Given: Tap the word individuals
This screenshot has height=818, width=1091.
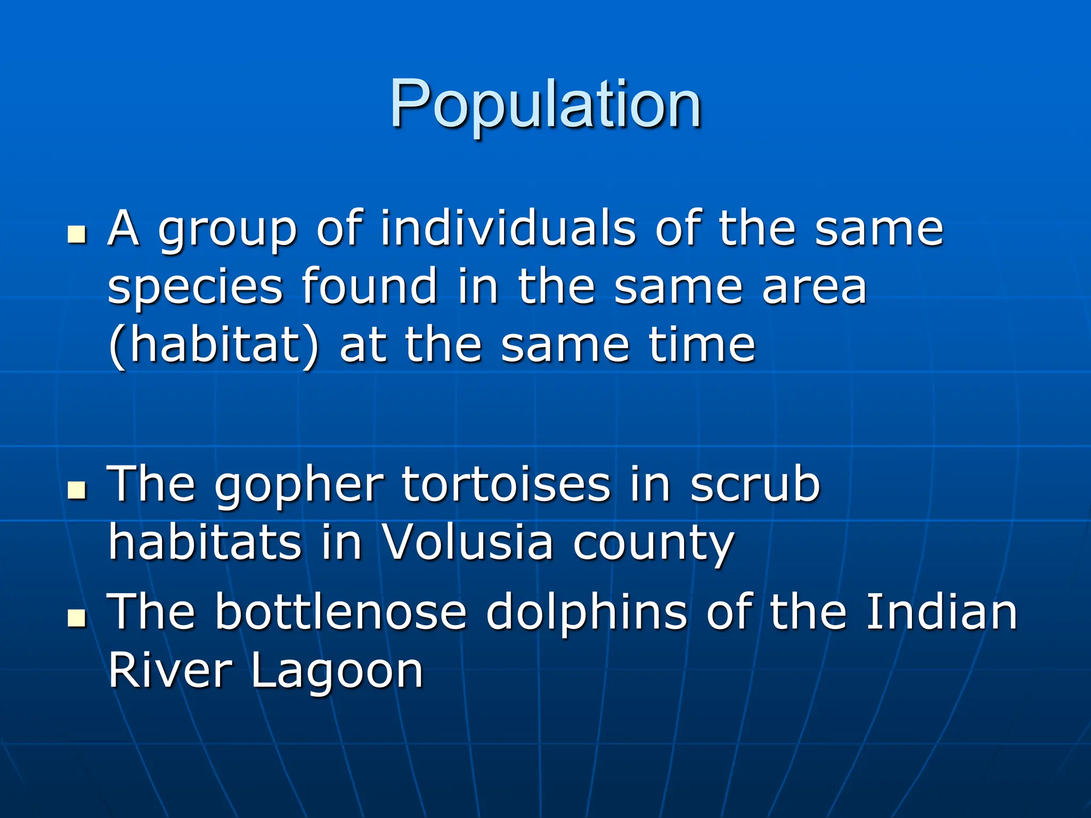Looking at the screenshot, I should (508, 229).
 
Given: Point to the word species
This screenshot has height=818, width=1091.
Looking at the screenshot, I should (195, 288).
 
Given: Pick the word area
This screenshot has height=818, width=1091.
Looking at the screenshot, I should (814, 288).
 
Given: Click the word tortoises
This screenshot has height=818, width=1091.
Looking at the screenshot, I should (506, 485).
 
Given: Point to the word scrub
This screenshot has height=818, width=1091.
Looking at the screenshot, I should (755, 485).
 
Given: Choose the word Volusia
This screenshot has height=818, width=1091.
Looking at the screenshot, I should (468, 543).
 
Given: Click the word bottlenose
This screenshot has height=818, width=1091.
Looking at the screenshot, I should (341, 612).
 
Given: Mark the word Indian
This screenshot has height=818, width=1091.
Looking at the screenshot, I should (942, 612).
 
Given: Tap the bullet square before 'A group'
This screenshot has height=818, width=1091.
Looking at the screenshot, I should (77, 234).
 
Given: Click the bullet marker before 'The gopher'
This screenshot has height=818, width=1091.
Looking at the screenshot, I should (77, 490).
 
